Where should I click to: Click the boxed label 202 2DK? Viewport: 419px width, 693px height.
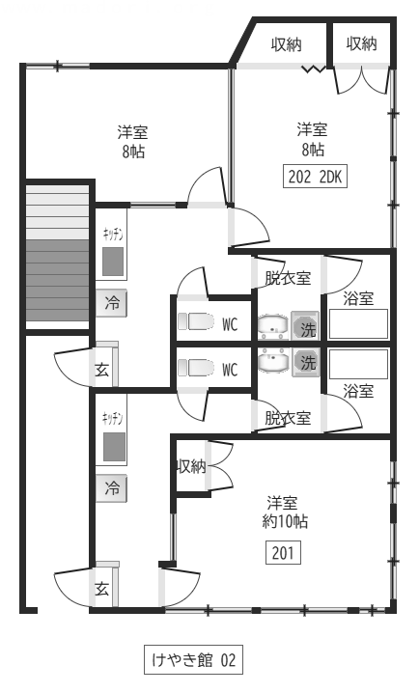[x=315, y=177]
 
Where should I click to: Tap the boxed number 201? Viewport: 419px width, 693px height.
[x=283, y=552]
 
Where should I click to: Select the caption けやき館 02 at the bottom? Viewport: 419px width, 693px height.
[x=193, y=660]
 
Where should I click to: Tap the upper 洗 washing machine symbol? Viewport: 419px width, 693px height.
[x=305, y=325]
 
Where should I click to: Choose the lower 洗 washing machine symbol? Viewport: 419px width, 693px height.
[x=305, y=362]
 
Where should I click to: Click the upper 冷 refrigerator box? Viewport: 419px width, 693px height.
[x=112, y=303]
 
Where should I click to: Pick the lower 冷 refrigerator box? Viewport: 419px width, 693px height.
[x=112, y=488]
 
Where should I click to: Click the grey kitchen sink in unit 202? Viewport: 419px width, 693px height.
[x=113, y=262]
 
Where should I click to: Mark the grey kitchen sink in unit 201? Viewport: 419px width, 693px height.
[x=114, y=447]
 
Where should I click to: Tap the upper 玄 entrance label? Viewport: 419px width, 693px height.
[x=102, y=369]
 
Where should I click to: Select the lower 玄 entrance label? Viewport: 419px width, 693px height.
[x=102, y=589]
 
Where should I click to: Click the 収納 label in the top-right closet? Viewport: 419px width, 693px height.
[x=361, y=43]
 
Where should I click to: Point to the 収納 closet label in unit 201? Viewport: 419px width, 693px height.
[x=191, y=466]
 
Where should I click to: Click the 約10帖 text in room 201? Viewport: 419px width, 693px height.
[x=285, y=521]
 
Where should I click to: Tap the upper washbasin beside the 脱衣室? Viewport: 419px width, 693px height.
[x=272, y=325]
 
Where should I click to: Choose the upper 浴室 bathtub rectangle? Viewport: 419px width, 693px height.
[x=358, y=324]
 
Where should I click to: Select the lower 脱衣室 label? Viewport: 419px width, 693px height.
[x=288, y=418]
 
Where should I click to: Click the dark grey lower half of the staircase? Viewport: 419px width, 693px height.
[x=58, y=281]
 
